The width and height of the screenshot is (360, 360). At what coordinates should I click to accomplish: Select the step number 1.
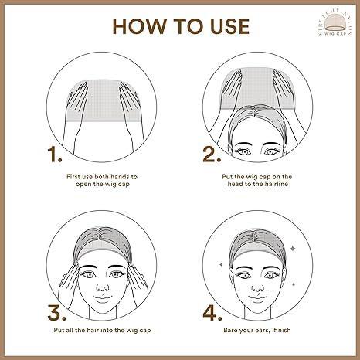(x=54, y=155)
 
